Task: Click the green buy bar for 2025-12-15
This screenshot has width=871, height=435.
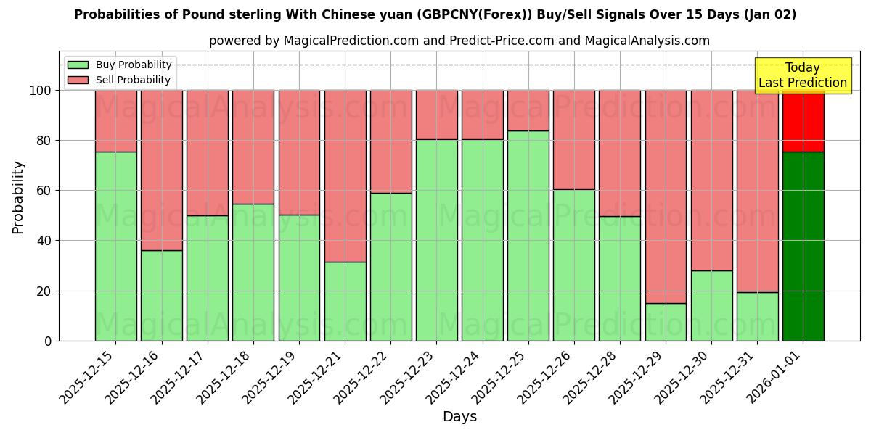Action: [x=115, y=246]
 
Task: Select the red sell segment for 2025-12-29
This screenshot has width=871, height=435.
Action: [x=666, y=196]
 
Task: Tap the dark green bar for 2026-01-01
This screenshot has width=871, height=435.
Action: [x=803, y=246]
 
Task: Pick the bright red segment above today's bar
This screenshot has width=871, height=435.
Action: [x=803, y=121]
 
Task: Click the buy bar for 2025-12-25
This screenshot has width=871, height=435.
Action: [x=528, y=236]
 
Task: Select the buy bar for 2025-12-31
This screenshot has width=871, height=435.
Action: [x=757, y=316]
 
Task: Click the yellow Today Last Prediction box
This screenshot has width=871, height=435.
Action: [x=803, y=75]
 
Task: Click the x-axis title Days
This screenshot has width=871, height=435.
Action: [x=459, y=417]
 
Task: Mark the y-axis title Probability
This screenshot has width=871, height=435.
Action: [x=18, y=196]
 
